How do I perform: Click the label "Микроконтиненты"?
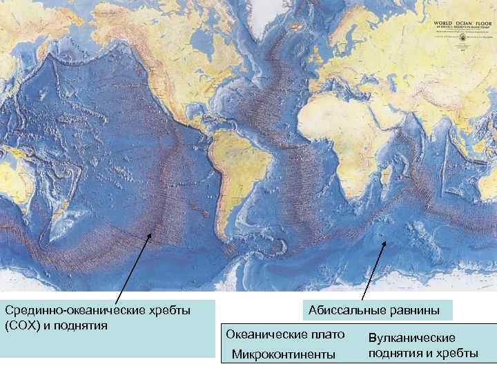click(x=283, y=354)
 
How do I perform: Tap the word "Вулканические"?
click(x=412, y=338)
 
